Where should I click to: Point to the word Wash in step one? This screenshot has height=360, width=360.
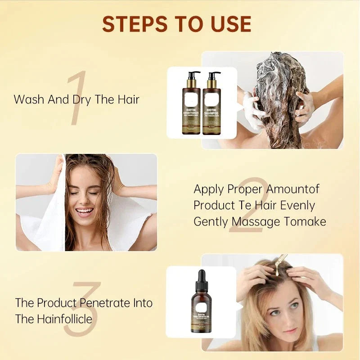pos(30,99)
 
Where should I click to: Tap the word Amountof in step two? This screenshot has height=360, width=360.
pos(292,189)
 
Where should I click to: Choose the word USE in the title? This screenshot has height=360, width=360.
pos(229,24)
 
